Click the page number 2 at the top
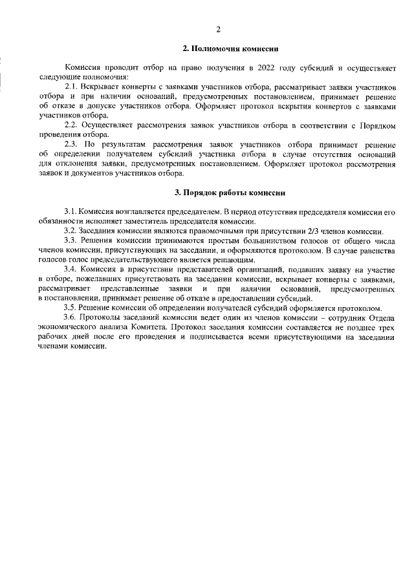click(218, 29)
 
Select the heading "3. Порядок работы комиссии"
click(230, 193)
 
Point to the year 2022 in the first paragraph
click(270, 67)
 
